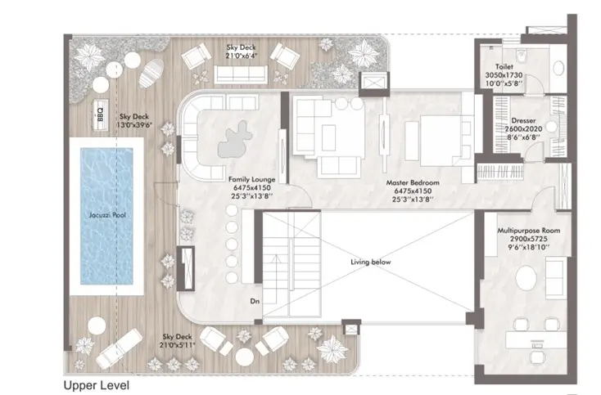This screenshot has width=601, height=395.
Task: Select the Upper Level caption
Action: (97, 383)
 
